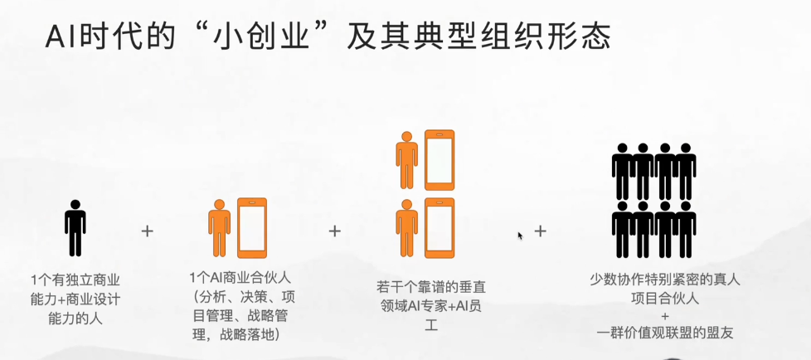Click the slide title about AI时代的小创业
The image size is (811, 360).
(328, 36)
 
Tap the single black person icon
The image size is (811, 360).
(75, 228)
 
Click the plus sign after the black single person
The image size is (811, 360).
(148, 231)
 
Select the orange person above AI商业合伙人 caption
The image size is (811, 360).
(219, 228)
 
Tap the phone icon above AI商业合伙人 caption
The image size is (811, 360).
(252, 228)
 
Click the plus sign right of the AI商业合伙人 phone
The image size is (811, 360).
(335, 231)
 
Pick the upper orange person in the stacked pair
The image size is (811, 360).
(407, 160)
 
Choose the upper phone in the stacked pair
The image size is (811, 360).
(439, 160)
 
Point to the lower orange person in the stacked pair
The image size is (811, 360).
(407, 228)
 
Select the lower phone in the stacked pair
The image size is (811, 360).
(439, 228)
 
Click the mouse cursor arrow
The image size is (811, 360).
(520, 236)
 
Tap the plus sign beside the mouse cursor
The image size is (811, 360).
(541, 231)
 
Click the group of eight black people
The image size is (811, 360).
(653, 200)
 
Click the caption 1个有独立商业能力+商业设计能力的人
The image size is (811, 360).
(75, 300)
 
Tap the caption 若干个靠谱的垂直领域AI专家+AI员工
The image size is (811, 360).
(431, 306)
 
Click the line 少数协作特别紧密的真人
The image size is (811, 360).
(664, 280)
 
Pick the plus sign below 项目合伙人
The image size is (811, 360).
(664, 316)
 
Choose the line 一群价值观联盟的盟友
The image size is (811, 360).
(664, 333)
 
